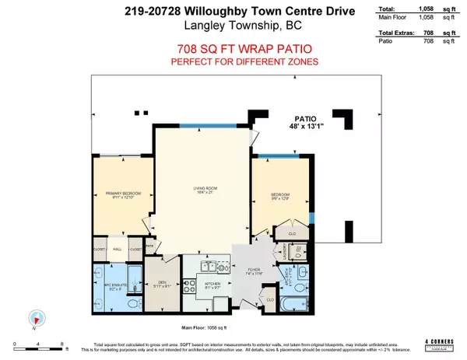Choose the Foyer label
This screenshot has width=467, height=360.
click(254, 272)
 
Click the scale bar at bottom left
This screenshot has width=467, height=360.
click(37, 344)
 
